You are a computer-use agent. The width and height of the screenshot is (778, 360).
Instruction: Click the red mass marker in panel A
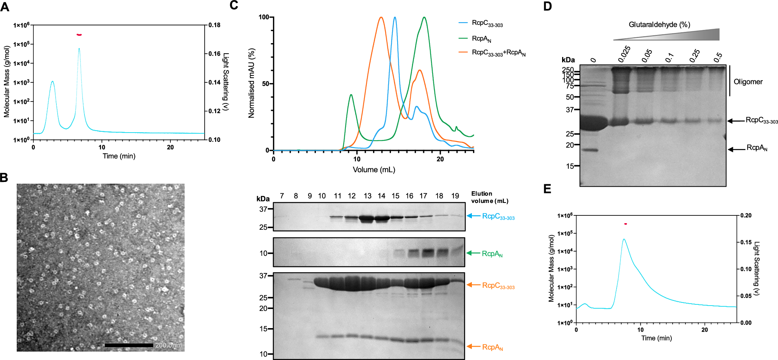pyautogui.click(x=79, y=35)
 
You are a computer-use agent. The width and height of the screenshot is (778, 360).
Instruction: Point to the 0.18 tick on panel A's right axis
pyautogui.click(x=214, y=25)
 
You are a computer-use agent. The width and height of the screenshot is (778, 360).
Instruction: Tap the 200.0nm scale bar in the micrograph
pyautogui.click(x=129, y=345)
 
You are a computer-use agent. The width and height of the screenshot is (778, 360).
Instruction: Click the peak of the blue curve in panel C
pyautogui.click(x=395, y=17)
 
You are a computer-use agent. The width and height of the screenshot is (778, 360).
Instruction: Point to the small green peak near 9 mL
pyautogui.click(x=351, y=95)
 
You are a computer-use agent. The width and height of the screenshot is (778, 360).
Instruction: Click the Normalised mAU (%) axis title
pyautogui.click(x=251, y=83)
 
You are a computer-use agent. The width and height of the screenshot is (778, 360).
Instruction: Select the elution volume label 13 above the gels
pyautogui.click(x=367, y=196)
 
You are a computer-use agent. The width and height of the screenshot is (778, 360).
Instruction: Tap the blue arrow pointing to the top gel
pyautogui.click(x=473, y=216)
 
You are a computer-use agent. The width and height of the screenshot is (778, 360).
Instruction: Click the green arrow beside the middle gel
pyautogui.click(x=473, y=253)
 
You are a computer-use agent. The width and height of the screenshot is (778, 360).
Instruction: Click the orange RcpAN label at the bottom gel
pyautogui.click(x=492, y=347)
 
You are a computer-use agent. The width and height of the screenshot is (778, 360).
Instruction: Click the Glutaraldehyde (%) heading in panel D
pyautogui.click(x=659, y=25)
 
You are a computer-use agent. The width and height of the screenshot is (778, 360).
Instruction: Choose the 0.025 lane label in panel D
pyautogui.click(x=624, y=54)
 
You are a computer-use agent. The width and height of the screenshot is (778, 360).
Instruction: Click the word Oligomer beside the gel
pyautogui.click(x=748, y=82)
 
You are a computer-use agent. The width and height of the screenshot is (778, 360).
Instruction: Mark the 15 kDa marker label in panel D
pyautogui.click(x=570, y=166)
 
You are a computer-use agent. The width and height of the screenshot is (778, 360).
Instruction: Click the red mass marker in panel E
pyautogui.click(x=626, y=224)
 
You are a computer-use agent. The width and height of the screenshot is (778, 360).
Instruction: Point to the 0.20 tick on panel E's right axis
pyautogui.click(x=746, y=215)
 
